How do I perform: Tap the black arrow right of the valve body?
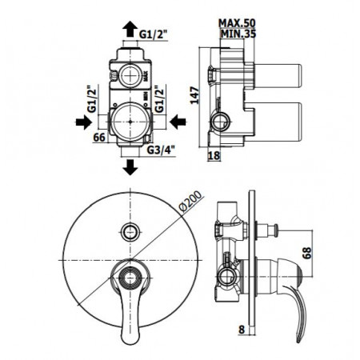[180, 122]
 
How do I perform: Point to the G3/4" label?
[162, 147]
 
